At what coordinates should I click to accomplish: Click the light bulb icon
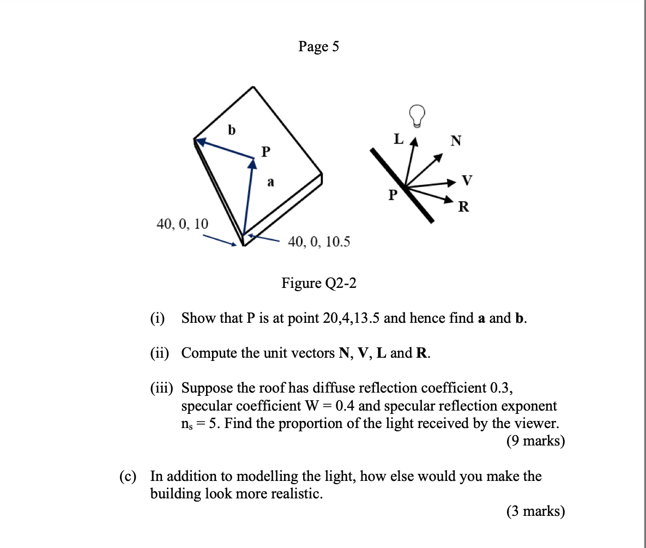coord(418,115)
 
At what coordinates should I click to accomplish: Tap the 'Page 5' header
coord(318,47)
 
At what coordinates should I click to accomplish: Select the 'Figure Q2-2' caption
coord(318,283)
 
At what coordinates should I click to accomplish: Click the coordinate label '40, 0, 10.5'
coord(319,241)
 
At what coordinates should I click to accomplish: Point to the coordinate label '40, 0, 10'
coord(182,224)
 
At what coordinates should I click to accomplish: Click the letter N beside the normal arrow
coord(456,141)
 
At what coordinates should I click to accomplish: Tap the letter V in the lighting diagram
coord(467,179)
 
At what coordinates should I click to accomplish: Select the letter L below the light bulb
coord(399,139)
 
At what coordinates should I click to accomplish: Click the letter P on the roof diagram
coord(265,150)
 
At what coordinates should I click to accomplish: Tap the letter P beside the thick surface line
coord(393,195)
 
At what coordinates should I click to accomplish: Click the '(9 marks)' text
coord(535,441)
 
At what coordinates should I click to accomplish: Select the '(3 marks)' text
coord(535,511)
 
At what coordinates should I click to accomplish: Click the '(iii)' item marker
coord(162,388)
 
